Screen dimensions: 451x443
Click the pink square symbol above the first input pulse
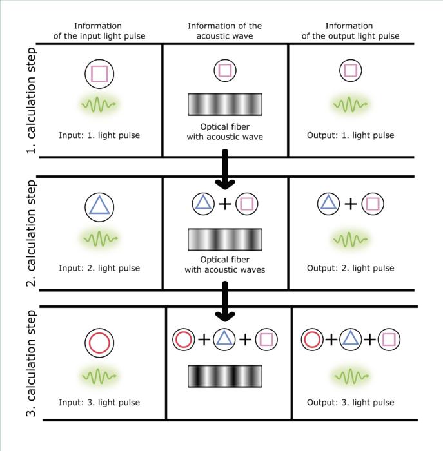click(x=99, y=73)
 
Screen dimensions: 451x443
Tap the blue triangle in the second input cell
click(x=99, y=206)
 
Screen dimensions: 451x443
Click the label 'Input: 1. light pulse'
click(x=99, y=135)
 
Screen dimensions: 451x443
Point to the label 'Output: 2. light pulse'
click(x=350, y=268)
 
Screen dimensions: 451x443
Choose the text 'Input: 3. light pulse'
click(x=99, y=403)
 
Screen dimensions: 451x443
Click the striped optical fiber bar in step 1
click(x=225, y=104)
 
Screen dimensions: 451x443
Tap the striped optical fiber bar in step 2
click(x=225, y=239)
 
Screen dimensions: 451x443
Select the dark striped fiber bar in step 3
click(x=225, y=376)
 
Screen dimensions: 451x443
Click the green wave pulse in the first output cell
click(x=350, y=103)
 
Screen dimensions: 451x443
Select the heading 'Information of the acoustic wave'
click(x=225, y=31)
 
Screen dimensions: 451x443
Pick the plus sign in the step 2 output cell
click(x=350, y=204)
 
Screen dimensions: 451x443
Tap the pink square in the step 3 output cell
click(x=389, y=339)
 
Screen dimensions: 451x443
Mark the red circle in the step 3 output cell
click(x=312, y=339)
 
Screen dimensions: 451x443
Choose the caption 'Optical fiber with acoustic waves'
click(x=225, y=265)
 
